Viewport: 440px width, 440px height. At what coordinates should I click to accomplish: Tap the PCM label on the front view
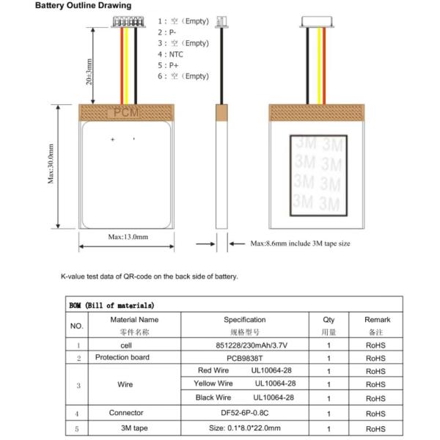(126, 113)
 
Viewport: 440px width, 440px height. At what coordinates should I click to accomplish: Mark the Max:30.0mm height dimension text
(51, 165)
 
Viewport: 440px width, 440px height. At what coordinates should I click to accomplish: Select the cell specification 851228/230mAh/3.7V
(245, 345)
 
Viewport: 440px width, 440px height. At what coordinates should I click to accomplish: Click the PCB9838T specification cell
(245, 358)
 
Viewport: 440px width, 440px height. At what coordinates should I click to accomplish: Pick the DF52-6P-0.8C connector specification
(245, 413)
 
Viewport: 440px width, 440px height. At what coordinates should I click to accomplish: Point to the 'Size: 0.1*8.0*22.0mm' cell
(245, 428)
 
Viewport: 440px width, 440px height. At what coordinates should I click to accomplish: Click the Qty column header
(329, 320)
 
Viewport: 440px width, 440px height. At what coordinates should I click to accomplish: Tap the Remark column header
(377, 320)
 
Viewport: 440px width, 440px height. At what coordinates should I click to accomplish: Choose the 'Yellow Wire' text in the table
(214, 384)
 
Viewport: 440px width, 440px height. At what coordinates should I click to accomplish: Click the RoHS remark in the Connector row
(377, 413)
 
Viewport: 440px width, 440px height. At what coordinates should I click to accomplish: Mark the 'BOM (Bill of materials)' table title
(111, 305)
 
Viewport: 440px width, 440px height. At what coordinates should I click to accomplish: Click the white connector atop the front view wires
(126, 23)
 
